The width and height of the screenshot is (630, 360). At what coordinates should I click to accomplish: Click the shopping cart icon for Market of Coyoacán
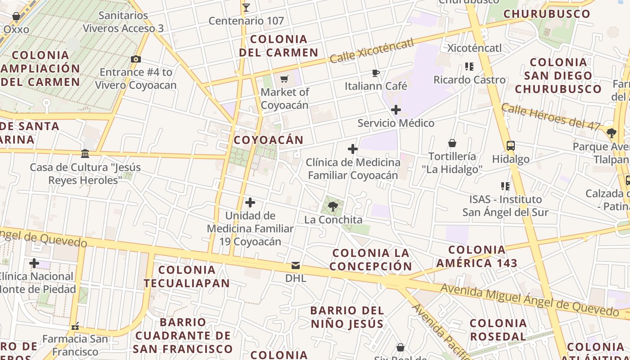coord(284,79)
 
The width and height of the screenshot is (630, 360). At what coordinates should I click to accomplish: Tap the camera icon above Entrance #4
coord(135,59)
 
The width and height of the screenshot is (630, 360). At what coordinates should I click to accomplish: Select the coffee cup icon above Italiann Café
coord(376,73)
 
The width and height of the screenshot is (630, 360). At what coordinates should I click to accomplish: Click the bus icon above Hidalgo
coord(510,146)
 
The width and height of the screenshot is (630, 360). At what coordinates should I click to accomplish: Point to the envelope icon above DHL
coord(296,265)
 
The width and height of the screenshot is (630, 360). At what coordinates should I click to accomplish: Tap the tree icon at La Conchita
coord(333,207)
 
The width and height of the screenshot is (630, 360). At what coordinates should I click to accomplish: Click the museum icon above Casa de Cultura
coord(85,154)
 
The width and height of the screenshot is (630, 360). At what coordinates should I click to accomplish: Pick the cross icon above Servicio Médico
coord(396,110)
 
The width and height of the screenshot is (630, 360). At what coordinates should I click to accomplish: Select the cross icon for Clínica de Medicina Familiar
coord(353,149)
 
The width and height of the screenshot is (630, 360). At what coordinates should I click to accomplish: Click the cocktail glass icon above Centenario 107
coord(246,7)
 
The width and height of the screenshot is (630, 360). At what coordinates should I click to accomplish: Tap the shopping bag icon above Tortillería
coord(452,143)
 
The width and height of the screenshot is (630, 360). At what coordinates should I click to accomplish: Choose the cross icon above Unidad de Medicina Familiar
coord(250,202)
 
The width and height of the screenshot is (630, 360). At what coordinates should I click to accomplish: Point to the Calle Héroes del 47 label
coord(551,116)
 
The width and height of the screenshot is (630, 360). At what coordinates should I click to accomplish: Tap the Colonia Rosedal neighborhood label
coord(498,329)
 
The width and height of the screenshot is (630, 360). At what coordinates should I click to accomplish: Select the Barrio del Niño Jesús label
coord(347,317)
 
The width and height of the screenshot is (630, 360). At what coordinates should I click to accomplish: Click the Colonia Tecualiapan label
coord(187,276)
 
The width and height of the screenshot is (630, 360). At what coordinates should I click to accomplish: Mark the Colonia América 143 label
coord(477,256)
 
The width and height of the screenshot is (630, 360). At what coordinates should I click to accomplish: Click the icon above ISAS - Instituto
coord(505,186)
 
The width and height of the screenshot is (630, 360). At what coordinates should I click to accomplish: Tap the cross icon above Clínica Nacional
coord(34,263)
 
